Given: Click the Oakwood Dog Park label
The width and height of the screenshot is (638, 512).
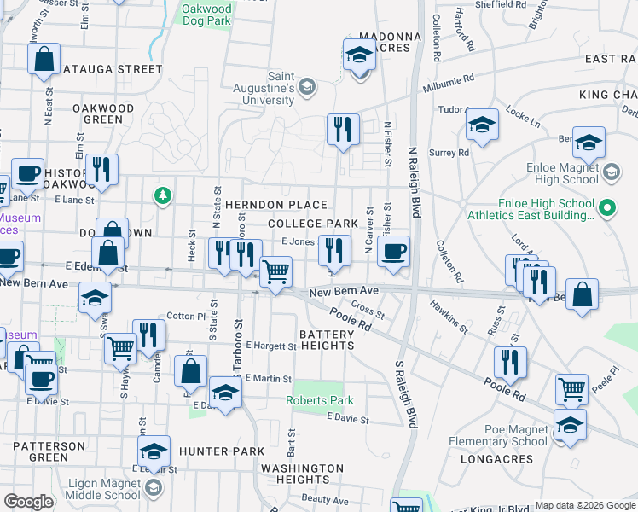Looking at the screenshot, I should tap(206, 15).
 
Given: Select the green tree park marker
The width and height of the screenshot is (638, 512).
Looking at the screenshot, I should tap(162, 197).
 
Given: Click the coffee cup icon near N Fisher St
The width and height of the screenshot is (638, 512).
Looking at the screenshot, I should tap(393, 252).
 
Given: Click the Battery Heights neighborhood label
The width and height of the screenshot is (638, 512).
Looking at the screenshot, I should tap(327, 339).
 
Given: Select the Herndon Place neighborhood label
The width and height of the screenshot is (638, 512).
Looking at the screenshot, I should tap(276, 205).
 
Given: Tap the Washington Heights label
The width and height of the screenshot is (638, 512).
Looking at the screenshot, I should tap(302, 474).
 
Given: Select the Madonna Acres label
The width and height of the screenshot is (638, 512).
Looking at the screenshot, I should tap(390, 43).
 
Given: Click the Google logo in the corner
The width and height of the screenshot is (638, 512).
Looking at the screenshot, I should tap(29, 501).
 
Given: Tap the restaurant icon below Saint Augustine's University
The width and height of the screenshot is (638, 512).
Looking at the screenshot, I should tap(343, 130).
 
